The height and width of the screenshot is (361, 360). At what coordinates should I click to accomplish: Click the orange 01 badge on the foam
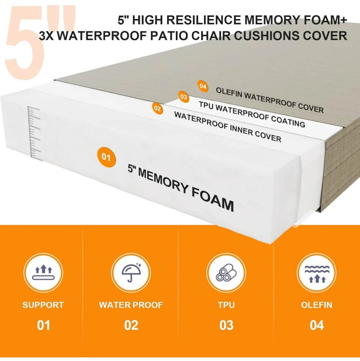[106, 157]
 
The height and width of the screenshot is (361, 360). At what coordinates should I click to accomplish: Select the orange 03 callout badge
[184, 97]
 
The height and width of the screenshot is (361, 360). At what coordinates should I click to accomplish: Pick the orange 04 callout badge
[203, 86]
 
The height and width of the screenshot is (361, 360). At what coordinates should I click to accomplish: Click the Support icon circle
[43, 273]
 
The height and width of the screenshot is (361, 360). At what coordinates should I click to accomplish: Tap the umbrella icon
[131, 273]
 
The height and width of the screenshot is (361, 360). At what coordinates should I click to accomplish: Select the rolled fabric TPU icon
[226, 273]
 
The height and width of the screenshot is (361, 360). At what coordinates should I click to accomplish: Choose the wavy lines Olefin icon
[317, 273]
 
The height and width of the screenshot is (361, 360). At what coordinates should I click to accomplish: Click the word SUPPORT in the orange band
[43, 305]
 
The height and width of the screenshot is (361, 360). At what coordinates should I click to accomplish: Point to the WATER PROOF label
[131, 305]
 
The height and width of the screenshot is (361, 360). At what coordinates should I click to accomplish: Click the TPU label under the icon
[226, 305]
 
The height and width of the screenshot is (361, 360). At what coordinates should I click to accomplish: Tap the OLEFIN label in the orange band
[317, 305]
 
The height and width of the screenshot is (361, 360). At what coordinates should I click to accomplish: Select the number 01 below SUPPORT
[43, 325]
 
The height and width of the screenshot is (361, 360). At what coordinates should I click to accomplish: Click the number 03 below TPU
[226, 325]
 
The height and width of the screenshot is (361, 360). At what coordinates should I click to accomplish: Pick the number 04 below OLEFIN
[317, 325]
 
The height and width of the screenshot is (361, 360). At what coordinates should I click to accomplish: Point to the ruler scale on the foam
[34, 133]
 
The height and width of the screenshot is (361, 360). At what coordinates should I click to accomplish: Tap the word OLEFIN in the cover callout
[229, 93]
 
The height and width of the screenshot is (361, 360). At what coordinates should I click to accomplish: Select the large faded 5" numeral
[39, 43]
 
